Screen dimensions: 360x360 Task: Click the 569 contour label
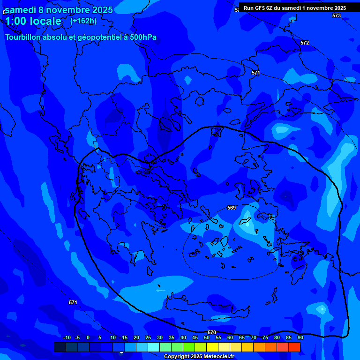click(232, 208)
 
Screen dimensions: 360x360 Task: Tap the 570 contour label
click(212, 332)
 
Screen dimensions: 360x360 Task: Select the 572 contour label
click(305, 43)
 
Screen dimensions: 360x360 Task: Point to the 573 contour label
click(337, 15)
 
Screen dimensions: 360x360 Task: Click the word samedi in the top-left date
click(21, 10)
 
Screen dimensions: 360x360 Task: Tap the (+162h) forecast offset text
click(83, 21)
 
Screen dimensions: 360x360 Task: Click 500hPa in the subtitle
click(142, 37)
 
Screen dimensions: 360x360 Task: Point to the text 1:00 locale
click(33, 21)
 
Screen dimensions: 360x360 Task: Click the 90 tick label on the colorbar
click(300, 337)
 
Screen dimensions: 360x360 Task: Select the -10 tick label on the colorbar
click(67, 337)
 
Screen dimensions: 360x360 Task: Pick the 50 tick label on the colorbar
click(206, 337)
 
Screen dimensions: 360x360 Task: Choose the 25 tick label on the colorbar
click(148, 337)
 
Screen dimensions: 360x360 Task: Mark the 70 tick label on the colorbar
click(253, 337)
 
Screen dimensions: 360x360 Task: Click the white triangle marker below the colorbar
click(121, 352)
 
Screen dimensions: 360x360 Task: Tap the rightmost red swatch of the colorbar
click(294, 347)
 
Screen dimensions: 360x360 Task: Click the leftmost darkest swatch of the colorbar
click(60, 347)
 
